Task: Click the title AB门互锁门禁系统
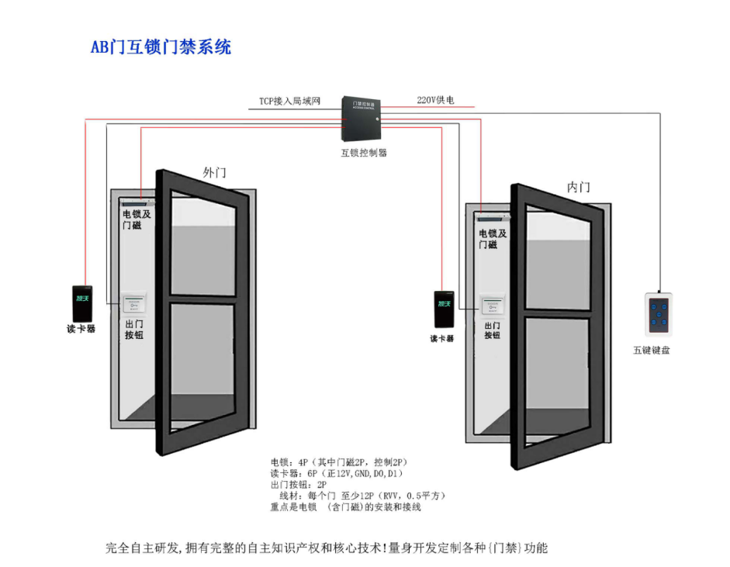161,47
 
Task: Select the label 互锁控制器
364,153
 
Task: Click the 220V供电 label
435,100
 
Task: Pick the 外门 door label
214,172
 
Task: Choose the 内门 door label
578,187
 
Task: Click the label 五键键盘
651,351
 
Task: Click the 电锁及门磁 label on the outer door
137,220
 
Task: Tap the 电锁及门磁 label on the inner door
493,239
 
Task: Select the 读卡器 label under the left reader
81,329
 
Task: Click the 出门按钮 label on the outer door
134,330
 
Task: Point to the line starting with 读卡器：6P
336,473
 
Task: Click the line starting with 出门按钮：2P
299,484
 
